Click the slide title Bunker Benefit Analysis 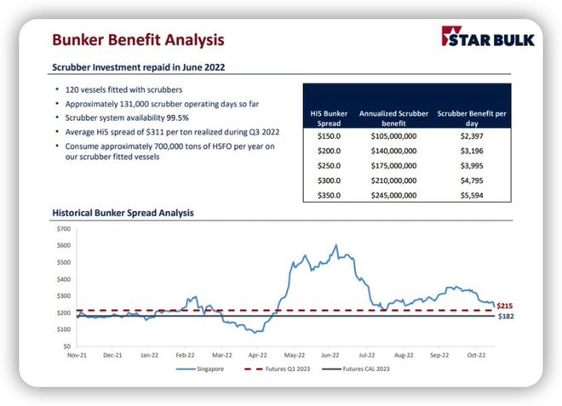point(138,39)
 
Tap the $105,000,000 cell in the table point(393,136)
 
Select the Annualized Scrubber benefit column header point(393,117)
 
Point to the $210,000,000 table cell point(393,180)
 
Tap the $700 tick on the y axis point(63,229)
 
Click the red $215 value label point(504,305)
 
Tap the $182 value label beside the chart point(504,316)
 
